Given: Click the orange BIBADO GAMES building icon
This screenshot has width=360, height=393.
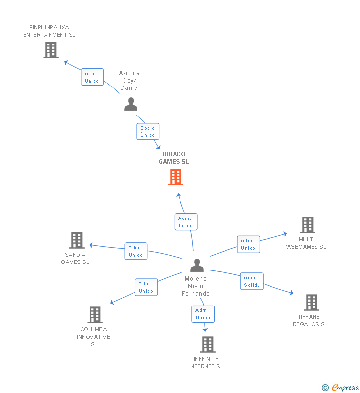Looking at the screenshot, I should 176,177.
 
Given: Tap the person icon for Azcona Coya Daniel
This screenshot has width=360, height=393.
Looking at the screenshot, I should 131,104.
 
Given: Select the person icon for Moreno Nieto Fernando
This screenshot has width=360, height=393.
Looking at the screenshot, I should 197,265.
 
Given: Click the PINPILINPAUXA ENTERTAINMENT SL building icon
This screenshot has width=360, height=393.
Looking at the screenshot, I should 50,50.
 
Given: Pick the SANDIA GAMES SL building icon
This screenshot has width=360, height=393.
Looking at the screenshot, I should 76,240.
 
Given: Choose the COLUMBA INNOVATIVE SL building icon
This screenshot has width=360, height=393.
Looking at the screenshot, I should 94,315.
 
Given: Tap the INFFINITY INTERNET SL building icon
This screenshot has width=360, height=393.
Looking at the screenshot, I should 208,345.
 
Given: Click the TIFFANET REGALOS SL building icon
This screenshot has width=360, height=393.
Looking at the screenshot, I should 311,303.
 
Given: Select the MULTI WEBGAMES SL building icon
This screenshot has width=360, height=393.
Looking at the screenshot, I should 307,225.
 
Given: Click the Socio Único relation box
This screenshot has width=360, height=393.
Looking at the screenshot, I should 148,131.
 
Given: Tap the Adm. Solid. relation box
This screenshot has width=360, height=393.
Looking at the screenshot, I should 252,281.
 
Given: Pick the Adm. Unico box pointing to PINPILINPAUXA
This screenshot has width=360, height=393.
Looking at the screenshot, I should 92,77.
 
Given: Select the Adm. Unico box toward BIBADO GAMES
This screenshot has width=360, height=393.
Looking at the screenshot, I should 185,222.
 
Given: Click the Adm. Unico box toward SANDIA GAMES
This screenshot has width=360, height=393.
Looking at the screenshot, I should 135,251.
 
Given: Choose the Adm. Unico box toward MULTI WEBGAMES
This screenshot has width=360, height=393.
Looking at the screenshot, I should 248,244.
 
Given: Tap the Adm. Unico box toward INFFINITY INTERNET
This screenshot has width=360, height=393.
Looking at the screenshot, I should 203,314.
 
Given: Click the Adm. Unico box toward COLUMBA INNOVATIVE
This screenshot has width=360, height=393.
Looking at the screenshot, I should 146,287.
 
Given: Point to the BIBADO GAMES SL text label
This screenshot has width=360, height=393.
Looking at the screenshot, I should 174,158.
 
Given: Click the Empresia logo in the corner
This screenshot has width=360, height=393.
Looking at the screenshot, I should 341,388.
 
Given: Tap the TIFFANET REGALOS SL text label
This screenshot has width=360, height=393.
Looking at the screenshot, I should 310,321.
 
